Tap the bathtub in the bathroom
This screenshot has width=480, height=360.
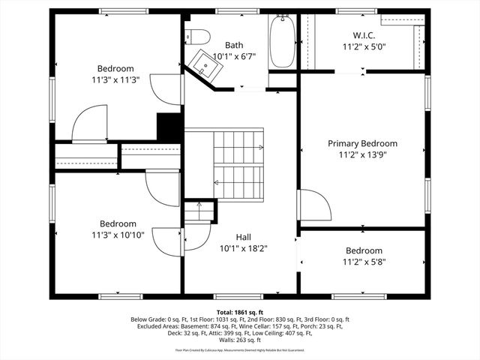[x=283, y=41]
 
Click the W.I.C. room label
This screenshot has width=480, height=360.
[x=364, y=35]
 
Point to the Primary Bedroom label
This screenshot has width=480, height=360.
[x=362, y=143]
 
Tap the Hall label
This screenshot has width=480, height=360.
[x=243, y=236]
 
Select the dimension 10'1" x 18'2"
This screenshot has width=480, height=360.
[x=243, y=247]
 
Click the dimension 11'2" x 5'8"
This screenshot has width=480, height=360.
[x=364, y=262]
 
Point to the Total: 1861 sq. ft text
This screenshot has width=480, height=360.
[x=239, y=311]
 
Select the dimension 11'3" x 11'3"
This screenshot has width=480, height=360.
[x=115, y=78]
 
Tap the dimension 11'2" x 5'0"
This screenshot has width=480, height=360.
[x=364, y=46]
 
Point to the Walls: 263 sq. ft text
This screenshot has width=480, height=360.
[x=239, y=340]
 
